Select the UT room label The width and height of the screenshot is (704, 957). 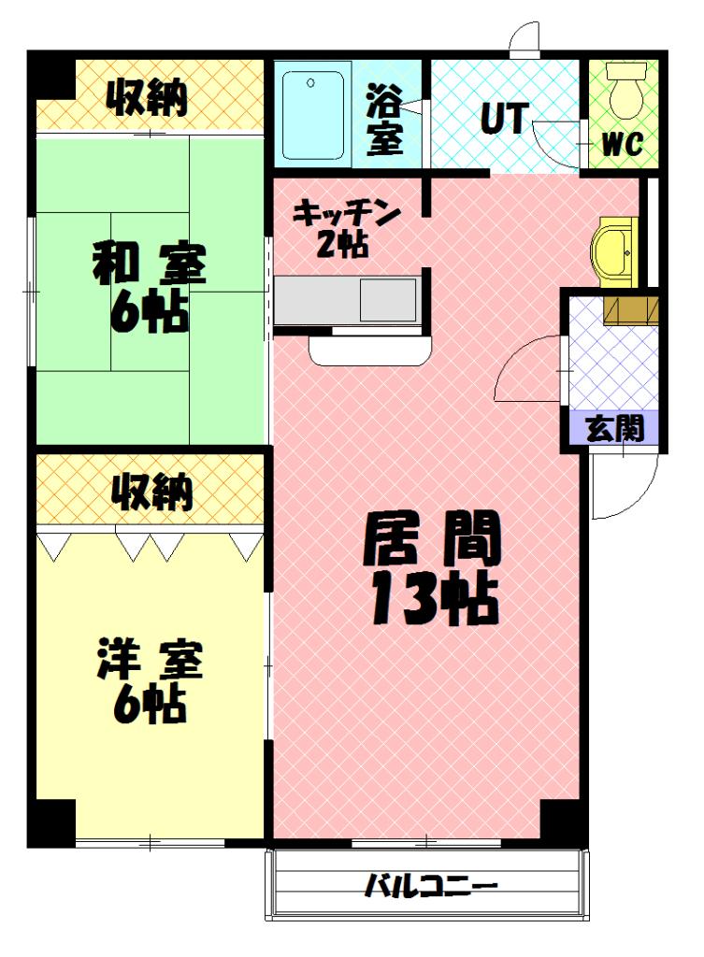pos(504,118)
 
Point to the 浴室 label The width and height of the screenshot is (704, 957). pos(383,119)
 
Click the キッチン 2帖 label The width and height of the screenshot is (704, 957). pos(346,228)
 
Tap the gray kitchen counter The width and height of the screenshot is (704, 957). pos(346,300)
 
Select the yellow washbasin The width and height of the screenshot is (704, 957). pos(613,250)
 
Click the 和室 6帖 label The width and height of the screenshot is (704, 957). pos(149,286)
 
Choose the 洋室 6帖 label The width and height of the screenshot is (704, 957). pos(149,680)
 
